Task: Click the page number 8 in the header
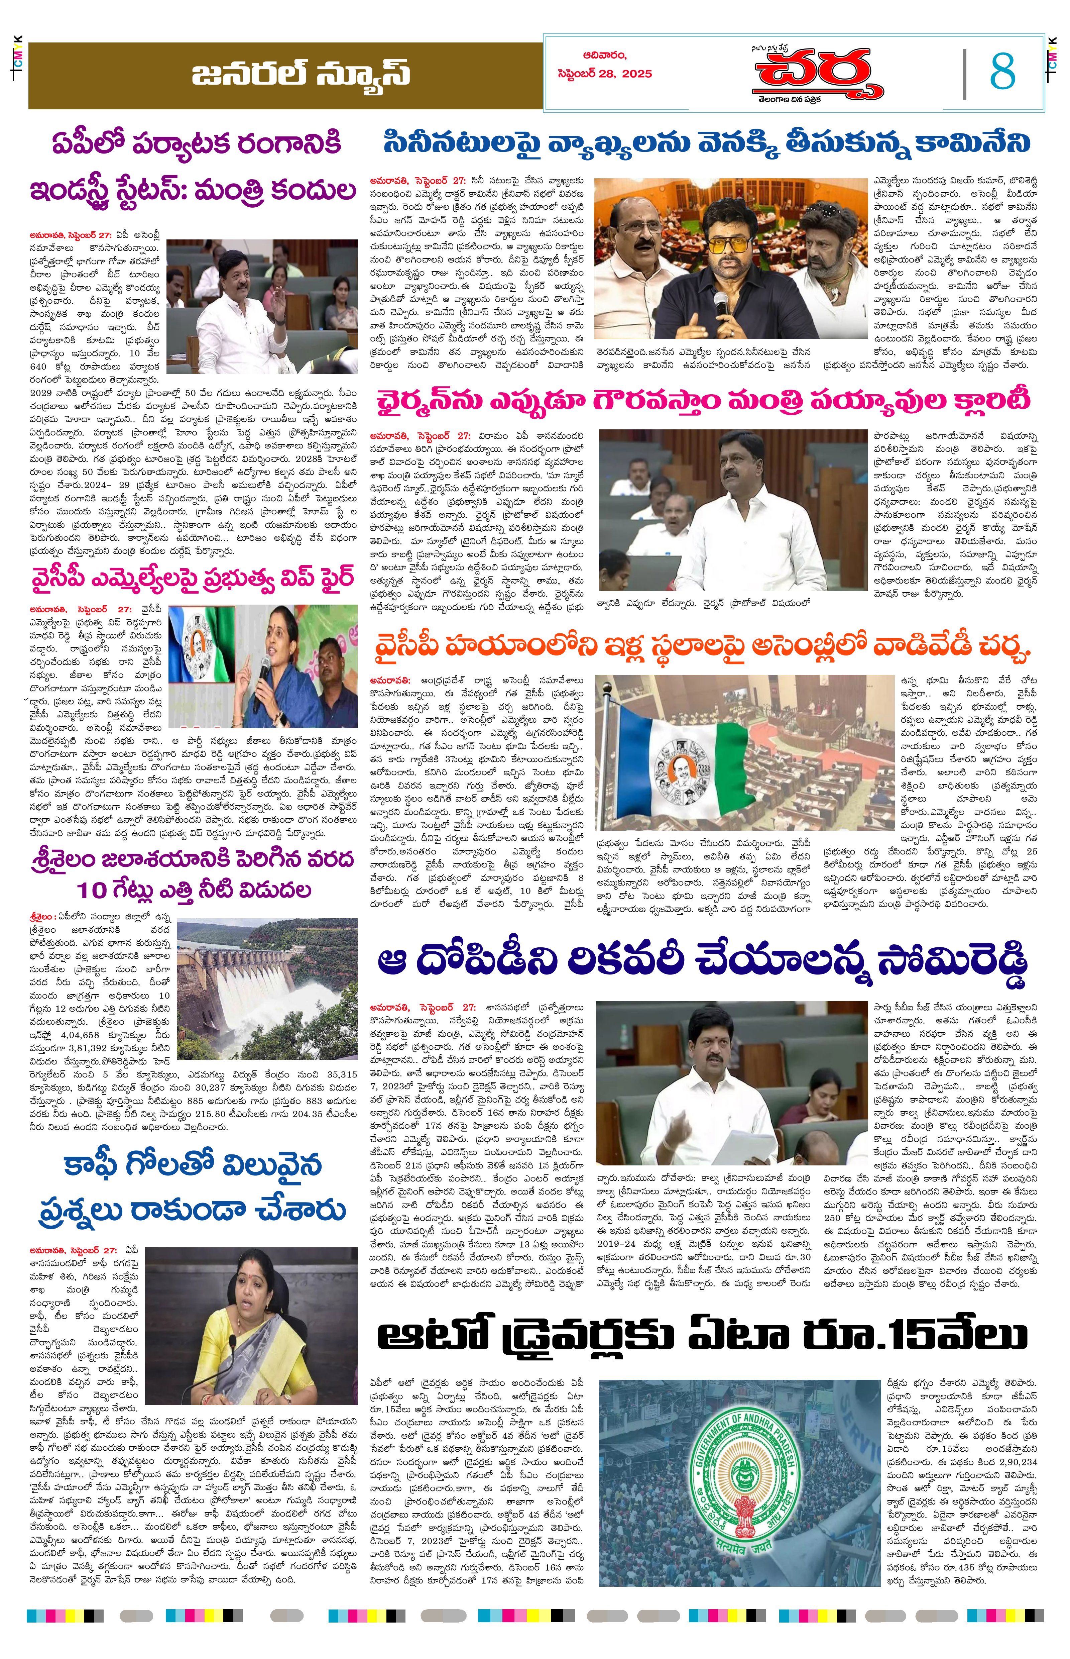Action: coord(1002,72)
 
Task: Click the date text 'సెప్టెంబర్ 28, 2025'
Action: coord(604,74)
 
